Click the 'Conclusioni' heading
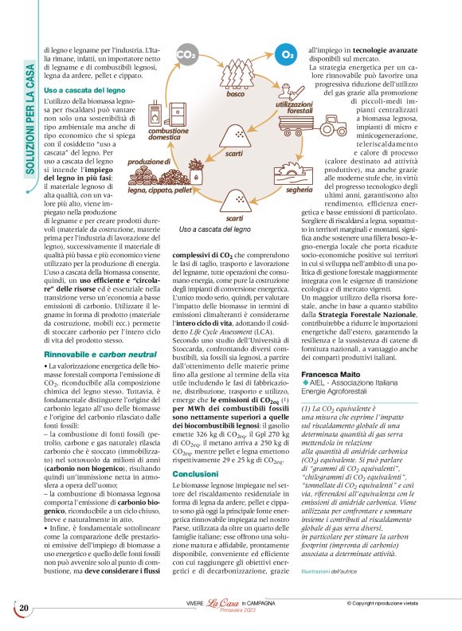click(x=194, y=473)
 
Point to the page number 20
click(x=24, y=608)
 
